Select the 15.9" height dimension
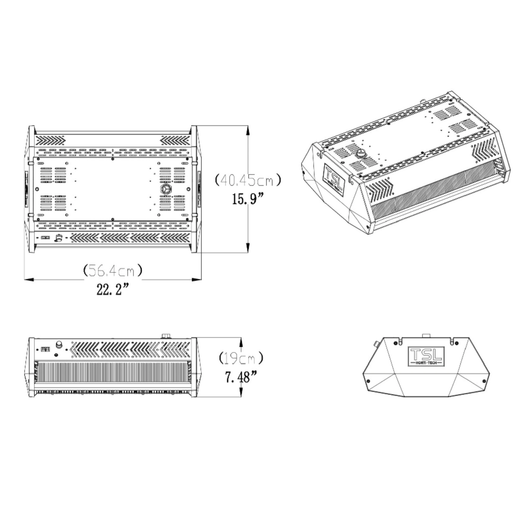(248, 198)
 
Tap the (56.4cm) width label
(112, 270)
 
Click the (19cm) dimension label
(241, 358)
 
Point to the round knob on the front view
(58, 345)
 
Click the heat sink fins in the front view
(112, 372)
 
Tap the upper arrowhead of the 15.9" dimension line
(248, 130)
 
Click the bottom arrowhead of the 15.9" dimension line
(248, 248)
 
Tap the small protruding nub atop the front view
(166, 336)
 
